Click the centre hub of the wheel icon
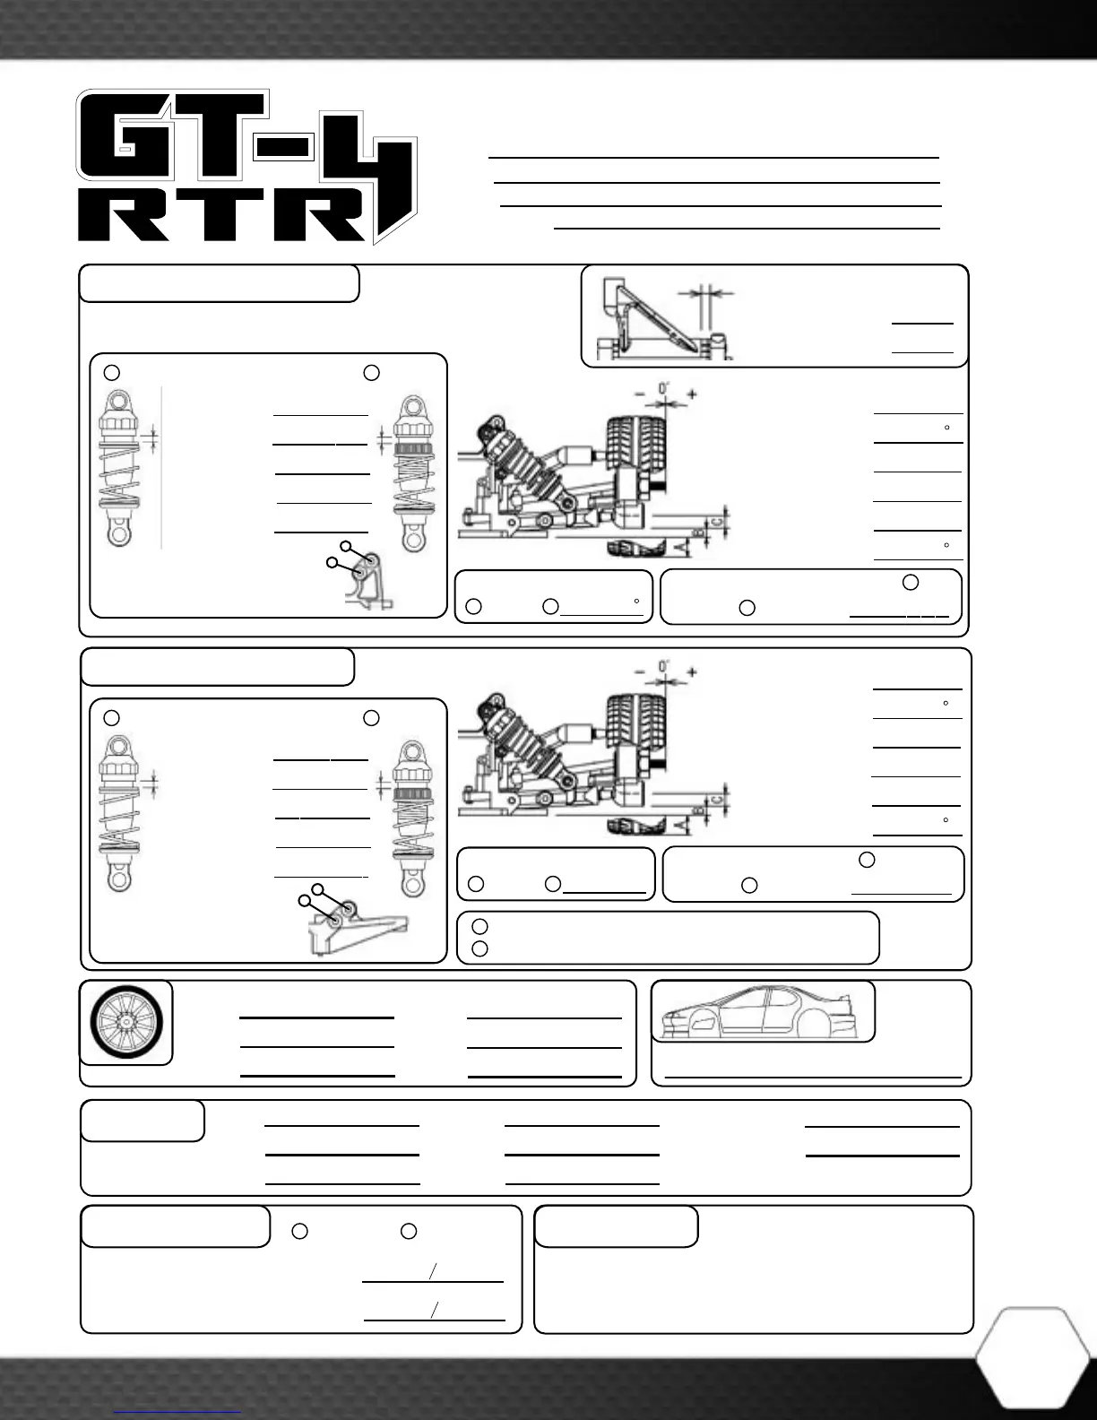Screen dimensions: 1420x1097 click(125, 1022)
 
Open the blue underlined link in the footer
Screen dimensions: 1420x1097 click(178, 1412)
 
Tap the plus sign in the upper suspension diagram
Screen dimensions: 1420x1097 click(692, 394)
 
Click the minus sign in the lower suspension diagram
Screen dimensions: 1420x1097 click(639, 671)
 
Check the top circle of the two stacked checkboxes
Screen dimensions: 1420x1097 click(479, 925)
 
